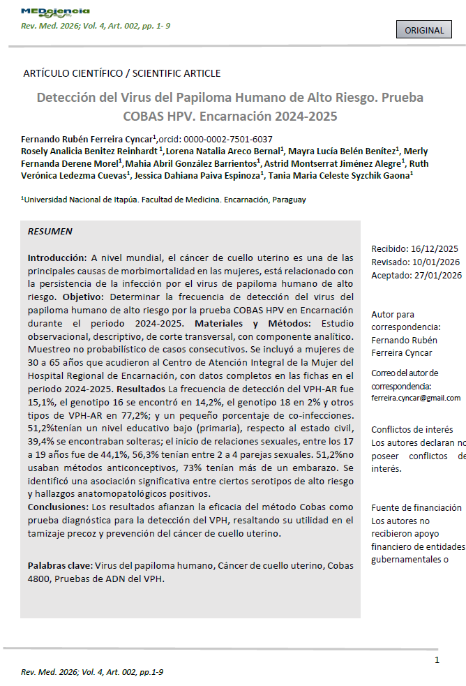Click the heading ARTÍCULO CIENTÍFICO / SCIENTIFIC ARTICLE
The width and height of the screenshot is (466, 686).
(x=122, y=73)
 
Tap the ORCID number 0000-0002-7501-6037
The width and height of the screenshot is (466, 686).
(x=228, y=139)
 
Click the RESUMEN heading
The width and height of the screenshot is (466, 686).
(x=50, y=231)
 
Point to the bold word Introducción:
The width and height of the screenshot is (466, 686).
(x=57, y=258)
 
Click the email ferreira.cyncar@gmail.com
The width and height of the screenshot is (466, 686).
(x=416, y=398)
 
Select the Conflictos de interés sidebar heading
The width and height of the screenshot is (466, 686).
(x=412, y=430)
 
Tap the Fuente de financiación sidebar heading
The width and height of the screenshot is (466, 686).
(x=416, y=507)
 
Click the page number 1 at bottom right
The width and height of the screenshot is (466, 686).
(x=437, y=660)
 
